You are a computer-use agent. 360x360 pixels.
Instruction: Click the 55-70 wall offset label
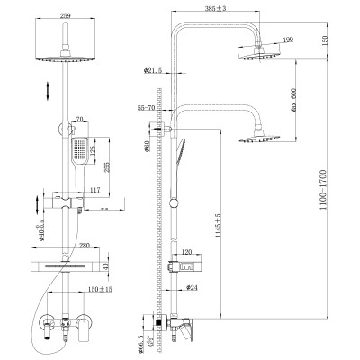coord(148,107)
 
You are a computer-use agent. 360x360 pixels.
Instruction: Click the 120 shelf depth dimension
coord(186,253)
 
